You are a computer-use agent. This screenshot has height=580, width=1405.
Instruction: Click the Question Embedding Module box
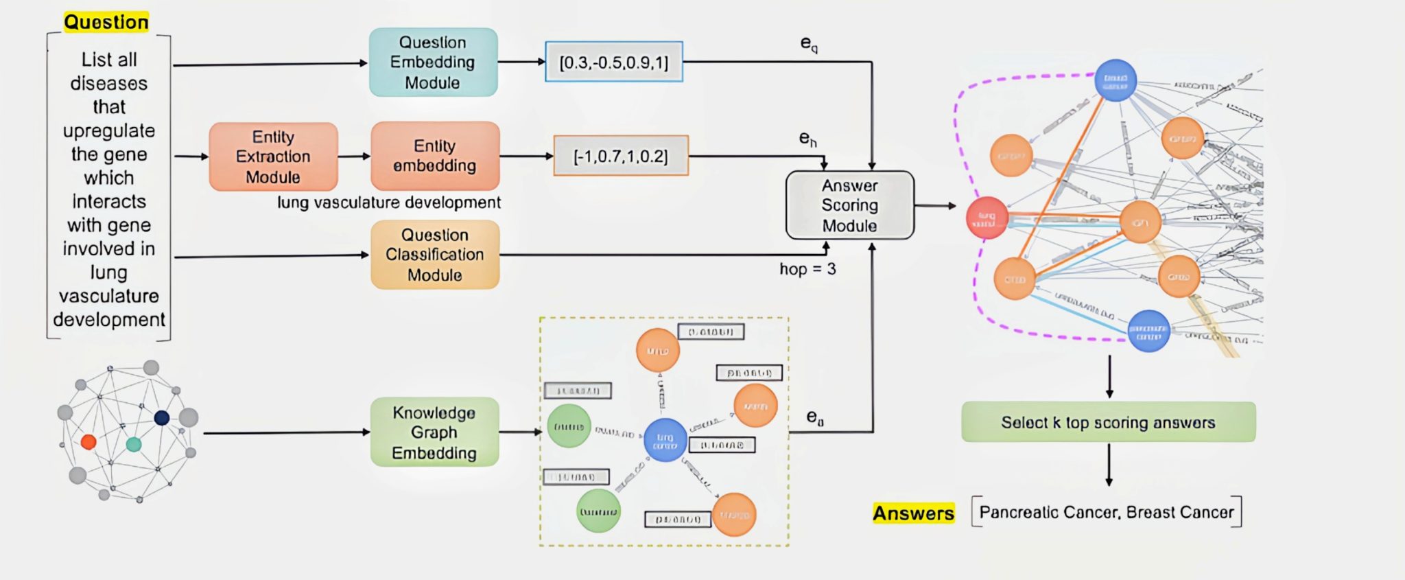[433, 62]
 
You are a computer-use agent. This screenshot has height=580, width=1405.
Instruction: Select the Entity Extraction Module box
[273, 156]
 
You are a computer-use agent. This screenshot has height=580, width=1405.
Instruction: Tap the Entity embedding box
[435, 156]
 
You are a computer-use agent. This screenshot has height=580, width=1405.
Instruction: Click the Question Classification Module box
[435, 255]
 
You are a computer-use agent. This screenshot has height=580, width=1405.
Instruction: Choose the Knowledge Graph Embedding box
[434, 432]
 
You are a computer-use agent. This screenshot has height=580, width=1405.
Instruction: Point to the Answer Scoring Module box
[849, 205]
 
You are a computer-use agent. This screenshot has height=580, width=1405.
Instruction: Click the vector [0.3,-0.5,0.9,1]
[613, 62]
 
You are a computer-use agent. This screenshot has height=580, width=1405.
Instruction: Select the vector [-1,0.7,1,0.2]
[620, 156]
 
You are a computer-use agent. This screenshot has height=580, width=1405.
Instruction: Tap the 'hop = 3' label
[807, 269]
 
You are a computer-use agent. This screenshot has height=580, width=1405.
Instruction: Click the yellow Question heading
[106, 23]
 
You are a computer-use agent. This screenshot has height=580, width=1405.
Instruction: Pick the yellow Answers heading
[913, 513]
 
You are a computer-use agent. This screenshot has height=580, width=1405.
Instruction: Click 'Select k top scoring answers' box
[1108, 422]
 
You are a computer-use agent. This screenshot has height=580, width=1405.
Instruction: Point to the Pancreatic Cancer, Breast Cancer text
[1106, 512]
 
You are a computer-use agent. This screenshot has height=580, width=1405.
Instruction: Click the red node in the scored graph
[987, 218]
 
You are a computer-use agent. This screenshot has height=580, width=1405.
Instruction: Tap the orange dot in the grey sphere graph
[88, 441]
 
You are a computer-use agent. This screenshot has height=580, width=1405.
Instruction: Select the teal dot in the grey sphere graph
[134, 444]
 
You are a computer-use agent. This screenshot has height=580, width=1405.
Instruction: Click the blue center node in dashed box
[665, 439]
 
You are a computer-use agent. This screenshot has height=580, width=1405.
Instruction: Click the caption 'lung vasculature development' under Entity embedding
[389, 202]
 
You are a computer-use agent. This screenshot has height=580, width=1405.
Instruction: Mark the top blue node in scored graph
[1115, 80]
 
